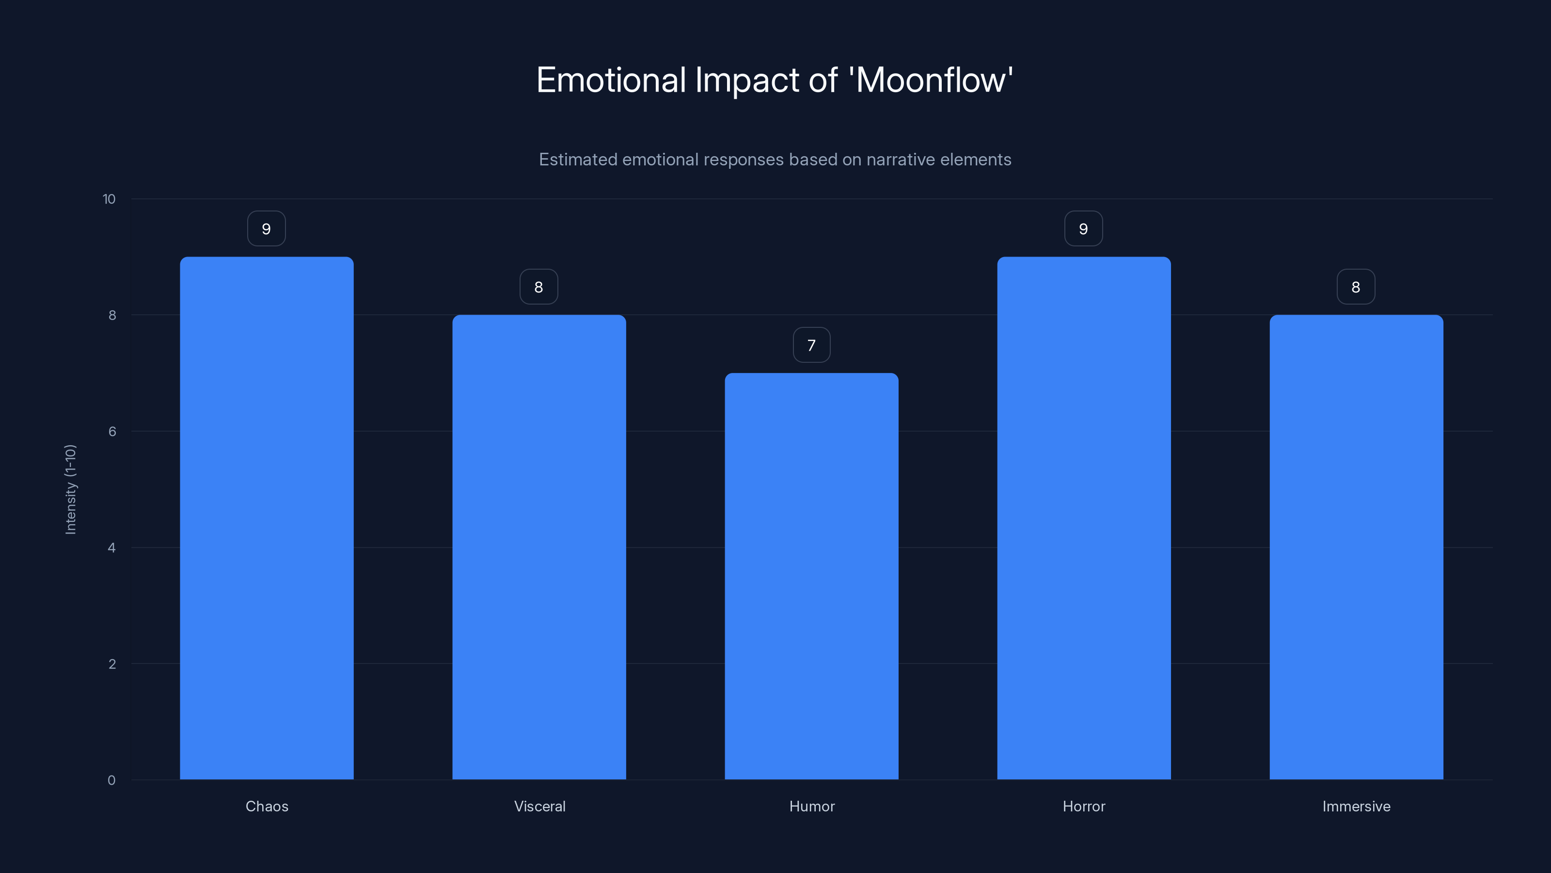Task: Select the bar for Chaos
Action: tap(267, 518)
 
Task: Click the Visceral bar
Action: tap(539, 547)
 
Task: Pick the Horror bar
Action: tap(1084, 518)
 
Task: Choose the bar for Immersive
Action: tap(1356, 547)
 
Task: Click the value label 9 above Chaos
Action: tap(266, 229)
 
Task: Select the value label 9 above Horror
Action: tap(1083, 229)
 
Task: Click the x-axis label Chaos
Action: tap(267, 806)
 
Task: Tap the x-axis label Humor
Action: tap(812, 806)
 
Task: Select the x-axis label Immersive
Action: tap(1356, 806)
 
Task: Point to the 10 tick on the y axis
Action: tap(109, 199)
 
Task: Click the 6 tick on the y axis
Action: tap(112, 431)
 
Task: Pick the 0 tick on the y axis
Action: tap(111, 780)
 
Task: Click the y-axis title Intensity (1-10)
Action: tap(70, 489)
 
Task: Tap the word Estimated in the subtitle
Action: tap(577, 160)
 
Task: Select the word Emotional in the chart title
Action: tap(611, 80)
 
